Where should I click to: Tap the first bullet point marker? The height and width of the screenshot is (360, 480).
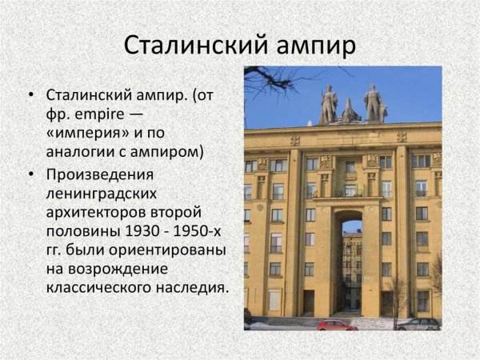[x=30, y=94]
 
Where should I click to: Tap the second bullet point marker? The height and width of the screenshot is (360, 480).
[x=30, y=174]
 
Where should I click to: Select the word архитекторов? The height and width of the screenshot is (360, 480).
[x=101, y=213]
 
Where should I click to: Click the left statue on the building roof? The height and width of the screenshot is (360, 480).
[x=328, y=105]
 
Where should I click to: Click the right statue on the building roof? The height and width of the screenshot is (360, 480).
[x=374, y=103]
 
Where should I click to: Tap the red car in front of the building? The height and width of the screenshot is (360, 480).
[x=336, y=324]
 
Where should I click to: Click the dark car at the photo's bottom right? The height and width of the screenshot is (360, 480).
[x=418, y=324]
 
